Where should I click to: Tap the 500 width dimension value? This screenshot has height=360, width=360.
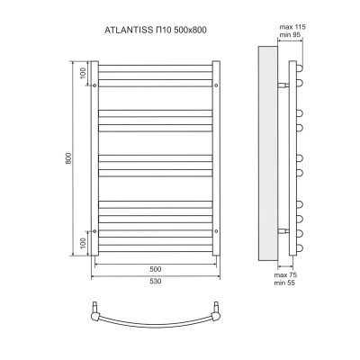(154, 269)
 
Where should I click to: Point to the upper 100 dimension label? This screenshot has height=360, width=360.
(82, 73)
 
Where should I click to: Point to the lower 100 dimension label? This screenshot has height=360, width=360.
(82, 244)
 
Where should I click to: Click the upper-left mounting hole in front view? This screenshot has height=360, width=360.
(94, 85)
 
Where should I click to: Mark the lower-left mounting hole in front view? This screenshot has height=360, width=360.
(94, 232)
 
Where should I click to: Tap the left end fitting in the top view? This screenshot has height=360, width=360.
(97, 312)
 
